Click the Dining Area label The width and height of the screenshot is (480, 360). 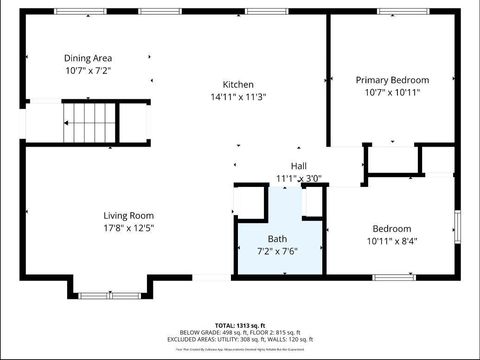[88, 58]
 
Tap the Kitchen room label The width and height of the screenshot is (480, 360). [238, 84]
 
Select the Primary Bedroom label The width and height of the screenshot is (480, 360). [392, 79]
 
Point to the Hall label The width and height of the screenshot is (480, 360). [299, 166]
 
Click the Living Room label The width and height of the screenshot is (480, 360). [128, 215]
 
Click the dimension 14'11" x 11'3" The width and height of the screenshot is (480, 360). [238, 97]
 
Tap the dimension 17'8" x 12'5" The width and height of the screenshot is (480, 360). [128, 228]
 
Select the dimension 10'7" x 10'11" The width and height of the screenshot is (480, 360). [392, 92]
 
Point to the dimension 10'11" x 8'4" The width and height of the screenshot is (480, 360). [392, 241]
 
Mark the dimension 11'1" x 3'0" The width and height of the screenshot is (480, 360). [299, 179]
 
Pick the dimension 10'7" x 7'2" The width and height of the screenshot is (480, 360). [88, 71]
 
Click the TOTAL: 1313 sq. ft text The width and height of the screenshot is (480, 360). [239, 325]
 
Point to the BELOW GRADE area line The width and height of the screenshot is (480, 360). [239, 332]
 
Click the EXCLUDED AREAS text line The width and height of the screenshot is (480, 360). [239, 339]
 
